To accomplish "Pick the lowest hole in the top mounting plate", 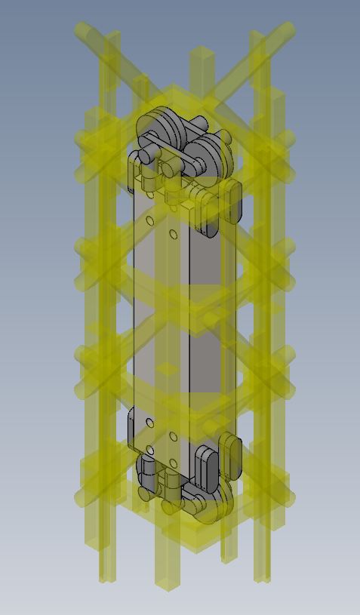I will [174, 235].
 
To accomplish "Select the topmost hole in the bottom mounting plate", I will [150, 423].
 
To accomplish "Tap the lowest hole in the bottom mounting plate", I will [174, 463].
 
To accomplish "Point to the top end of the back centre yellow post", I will [202, 54].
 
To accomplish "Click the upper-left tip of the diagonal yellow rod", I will [84, 31].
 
